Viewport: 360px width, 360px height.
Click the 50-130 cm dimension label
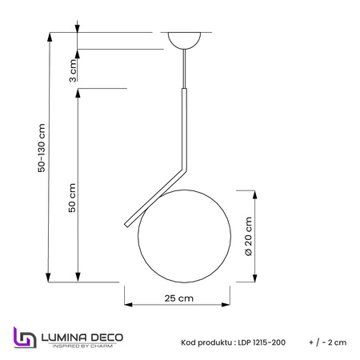click(x=42, y=148)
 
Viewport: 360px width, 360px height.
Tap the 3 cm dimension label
click(x=73, y=70)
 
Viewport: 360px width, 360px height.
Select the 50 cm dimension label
click(x=72, y=198)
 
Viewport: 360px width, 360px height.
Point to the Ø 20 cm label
click(x=248, y=237)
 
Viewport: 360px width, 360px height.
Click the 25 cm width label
click(x=179, y=298)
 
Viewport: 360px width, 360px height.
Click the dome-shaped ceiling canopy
click(x=184, y=39)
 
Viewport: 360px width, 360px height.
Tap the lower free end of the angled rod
click(x=126, y=225)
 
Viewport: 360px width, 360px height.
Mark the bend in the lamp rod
click(x=184, y=169)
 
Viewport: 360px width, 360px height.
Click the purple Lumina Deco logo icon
click(x=25, y=338)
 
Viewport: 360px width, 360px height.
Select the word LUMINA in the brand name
click(x=64, y=338)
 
